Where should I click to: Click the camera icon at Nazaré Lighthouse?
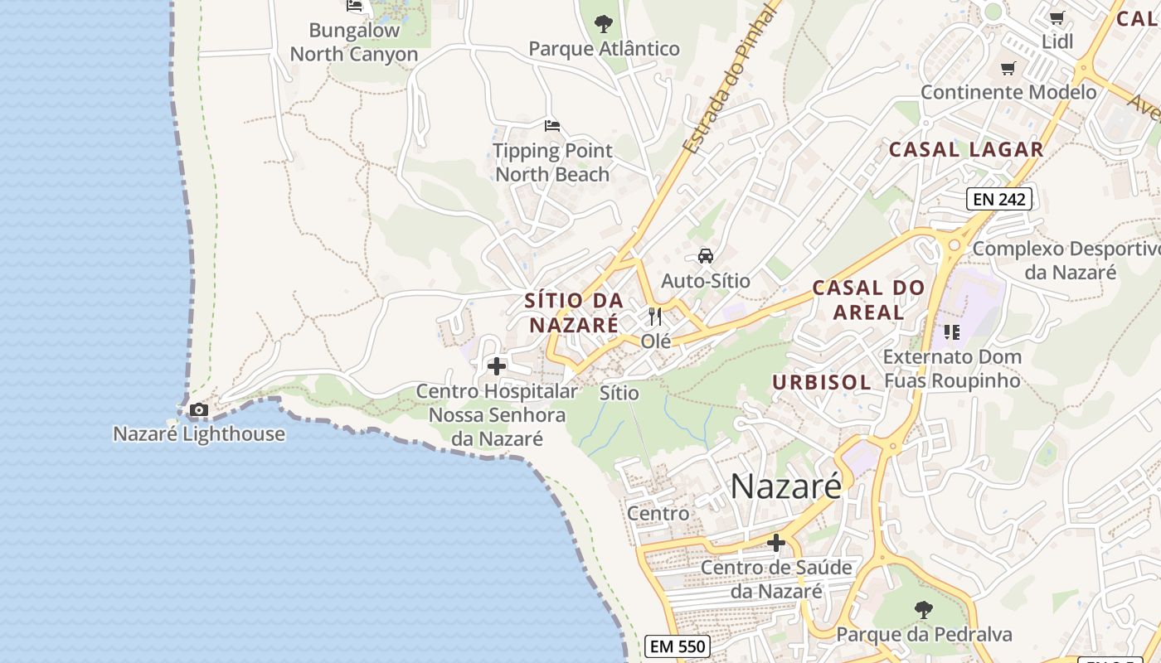click(199, 409)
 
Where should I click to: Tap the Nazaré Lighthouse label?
click(199, 433)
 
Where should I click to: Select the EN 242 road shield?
click(999, 199)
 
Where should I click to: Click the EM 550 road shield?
click(678, 646)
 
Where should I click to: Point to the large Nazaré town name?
click(785, 486)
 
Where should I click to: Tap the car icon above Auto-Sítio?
click(706, 256)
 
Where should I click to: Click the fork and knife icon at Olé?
click(655, 316)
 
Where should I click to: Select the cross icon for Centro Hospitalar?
click(497, 365)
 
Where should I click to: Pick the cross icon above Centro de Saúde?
click(776, 543)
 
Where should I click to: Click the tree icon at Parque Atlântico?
click(604, 23)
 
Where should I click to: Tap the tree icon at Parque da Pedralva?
click(923, 610)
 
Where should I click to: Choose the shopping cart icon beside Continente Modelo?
click(1008, 68)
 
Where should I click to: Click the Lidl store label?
click(1057, 41)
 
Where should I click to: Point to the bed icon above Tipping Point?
click(552, 126)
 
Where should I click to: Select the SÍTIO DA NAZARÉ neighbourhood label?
click(574, 312)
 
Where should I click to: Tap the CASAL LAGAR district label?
click(966, 149)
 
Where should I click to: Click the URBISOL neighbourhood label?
click(822, 382)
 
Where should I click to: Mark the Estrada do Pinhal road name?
click(731, 79)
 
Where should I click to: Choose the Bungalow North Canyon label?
click(354, 42)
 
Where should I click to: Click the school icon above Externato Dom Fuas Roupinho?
click(951, 332)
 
